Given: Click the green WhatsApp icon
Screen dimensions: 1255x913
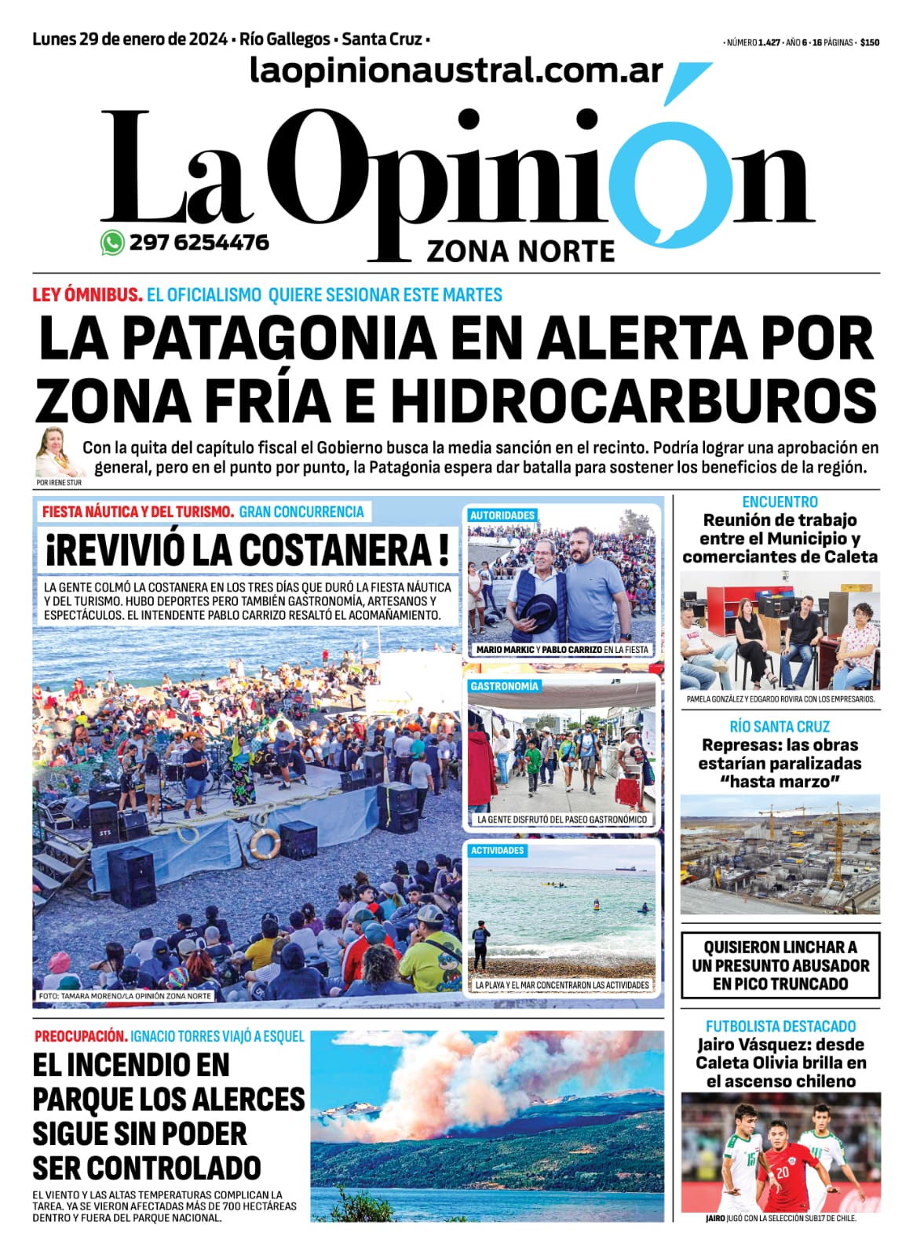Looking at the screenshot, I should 112,243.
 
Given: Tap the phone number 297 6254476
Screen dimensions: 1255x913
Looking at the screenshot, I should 199,243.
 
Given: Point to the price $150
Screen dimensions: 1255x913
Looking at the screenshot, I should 869,43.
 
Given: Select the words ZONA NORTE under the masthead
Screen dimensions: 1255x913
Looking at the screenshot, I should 520,252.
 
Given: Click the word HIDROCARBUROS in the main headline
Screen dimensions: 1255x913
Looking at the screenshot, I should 633,399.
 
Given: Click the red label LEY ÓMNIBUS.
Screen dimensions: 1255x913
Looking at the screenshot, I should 87,295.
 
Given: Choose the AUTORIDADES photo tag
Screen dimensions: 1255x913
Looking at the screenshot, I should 502,516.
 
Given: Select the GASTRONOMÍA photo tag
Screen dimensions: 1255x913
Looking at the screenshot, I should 505,686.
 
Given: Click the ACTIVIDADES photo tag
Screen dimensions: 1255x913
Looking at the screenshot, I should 497,851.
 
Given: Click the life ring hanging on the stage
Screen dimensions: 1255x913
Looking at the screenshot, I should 265,843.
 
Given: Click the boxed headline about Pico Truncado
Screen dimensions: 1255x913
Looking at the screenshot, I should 780,965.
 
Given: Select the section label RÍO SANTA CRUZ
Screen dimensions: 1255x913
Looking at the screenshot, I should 780,727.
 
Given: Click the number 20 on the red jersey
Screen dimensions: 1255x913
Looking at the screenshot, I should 783,1173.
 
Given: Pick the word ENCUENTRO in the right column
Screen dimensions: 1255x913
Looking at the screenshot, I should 780,502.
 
